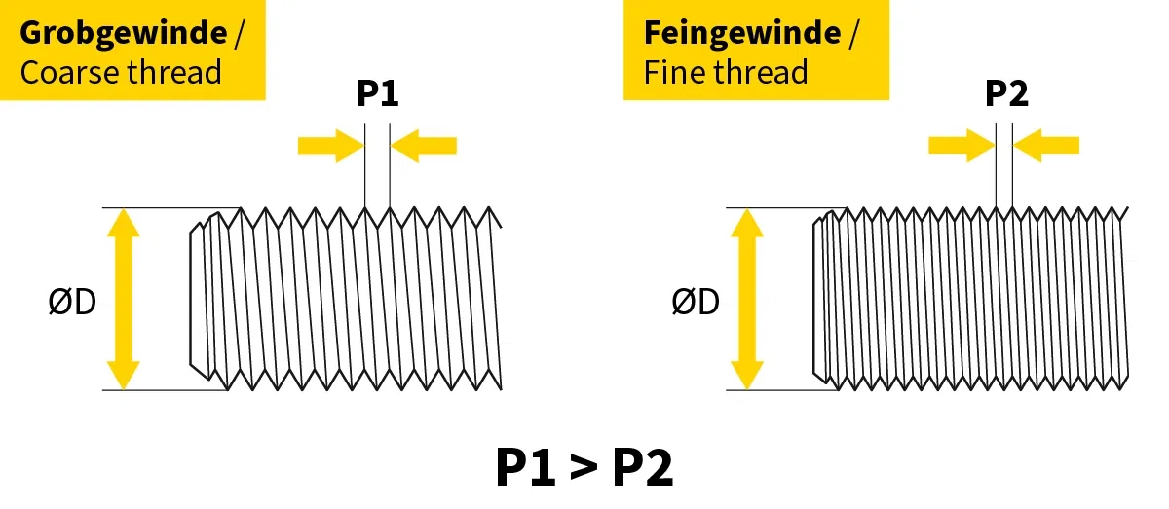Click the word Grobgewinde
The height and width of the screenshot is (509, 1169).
tap(123, 32)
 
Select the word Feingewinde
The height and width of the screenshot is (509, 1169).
tap(741, 32)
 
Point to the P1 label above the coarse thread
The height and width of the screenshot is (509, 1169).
tap(377, 94)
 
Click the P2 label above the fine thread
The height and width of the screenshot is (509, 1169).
tap(1006, 94)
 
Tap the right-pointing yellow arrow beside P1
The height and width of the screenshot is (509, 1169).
tap(329, 146)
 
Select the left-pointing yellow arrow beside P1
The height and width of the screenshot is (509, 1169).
tap(424, 146)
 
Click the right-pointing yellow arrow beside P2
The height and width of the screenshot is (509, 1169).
tap(960, 146)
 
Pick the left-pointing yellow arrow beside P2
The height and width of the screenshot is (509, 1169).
tap(1047, 146)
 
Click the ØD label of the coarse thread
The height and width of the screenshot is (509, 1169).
tap(73, 303)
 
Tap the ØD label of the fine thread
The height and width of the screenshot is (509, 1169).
tap(696, 303)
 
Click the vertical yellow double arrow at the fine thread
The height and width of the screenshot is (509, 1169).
tap(746, 299)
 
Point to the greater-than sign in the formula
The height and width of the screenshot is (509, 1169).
tap(584, 468)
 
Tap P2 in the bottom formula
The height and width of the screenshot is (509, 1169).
tap(643, 468)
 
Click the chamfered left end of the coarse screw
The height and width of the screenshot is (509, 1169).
tap(199, 300)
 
